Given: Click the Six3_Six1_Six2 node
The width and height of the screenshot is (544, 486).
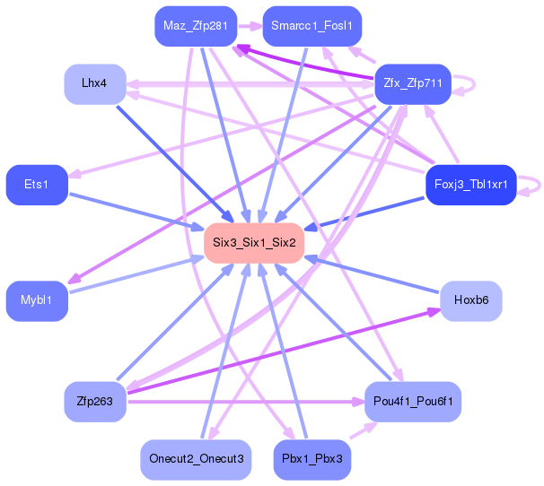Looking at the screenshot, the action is (x=254, y=243).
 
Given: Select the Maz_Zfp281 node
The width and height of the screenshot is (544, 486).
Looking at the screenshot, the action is (x=196, y=26).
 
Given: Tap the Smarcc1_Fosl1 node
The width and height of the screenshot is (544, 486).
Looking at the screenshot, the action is (x=311, y=26).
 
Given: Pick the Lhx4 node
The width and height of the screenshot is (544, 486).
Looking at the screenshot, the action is (x=95, y=84).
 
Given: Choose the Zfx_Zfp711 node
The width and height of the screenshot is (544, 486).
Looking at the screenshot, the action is (x=413, y=84).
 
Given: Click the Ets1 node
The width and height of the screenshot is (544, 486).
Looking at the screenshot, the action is (x=37, y=185).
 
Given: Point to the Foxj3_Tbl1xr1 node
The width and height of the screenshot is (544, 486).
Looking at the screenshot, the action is (x=471, y=185).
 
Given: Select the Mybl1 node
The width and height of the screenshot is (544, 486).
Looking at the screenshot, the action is (x=37, y=301).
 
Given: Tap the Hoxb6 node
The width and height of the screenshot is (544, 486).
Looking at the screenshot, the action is (x=471, y=301).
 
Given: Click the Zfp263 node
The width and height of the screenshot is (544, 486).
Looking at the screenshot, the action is (x=95, y=402).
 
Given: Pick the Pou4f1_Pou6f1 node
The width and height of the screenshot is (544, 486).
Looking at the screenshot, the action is (x=413, y=402).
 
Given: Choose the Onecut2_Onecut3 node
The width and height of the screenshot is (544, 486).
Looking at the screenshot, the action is (x=196, y=460).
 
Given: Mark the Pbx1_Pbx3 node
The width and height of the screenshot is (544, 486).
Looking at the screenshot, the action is (x=311, y=460).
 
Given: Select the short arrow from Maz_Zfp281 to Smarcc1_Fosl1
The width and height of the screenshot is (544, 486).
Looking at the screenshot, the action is (x=250, y=26).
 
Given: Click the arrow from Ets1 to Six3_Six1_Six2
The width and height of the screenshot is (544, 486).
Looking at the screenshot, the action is (x=136, y=212).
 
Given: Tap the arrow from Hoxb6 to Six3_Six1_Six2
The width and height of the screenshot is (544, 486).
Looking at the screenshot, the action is (x=372, y=273).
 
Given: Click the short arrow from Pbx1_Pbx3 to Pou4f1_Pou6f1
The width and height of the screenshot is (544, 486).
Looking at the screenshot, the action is (x=364, y=430).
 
